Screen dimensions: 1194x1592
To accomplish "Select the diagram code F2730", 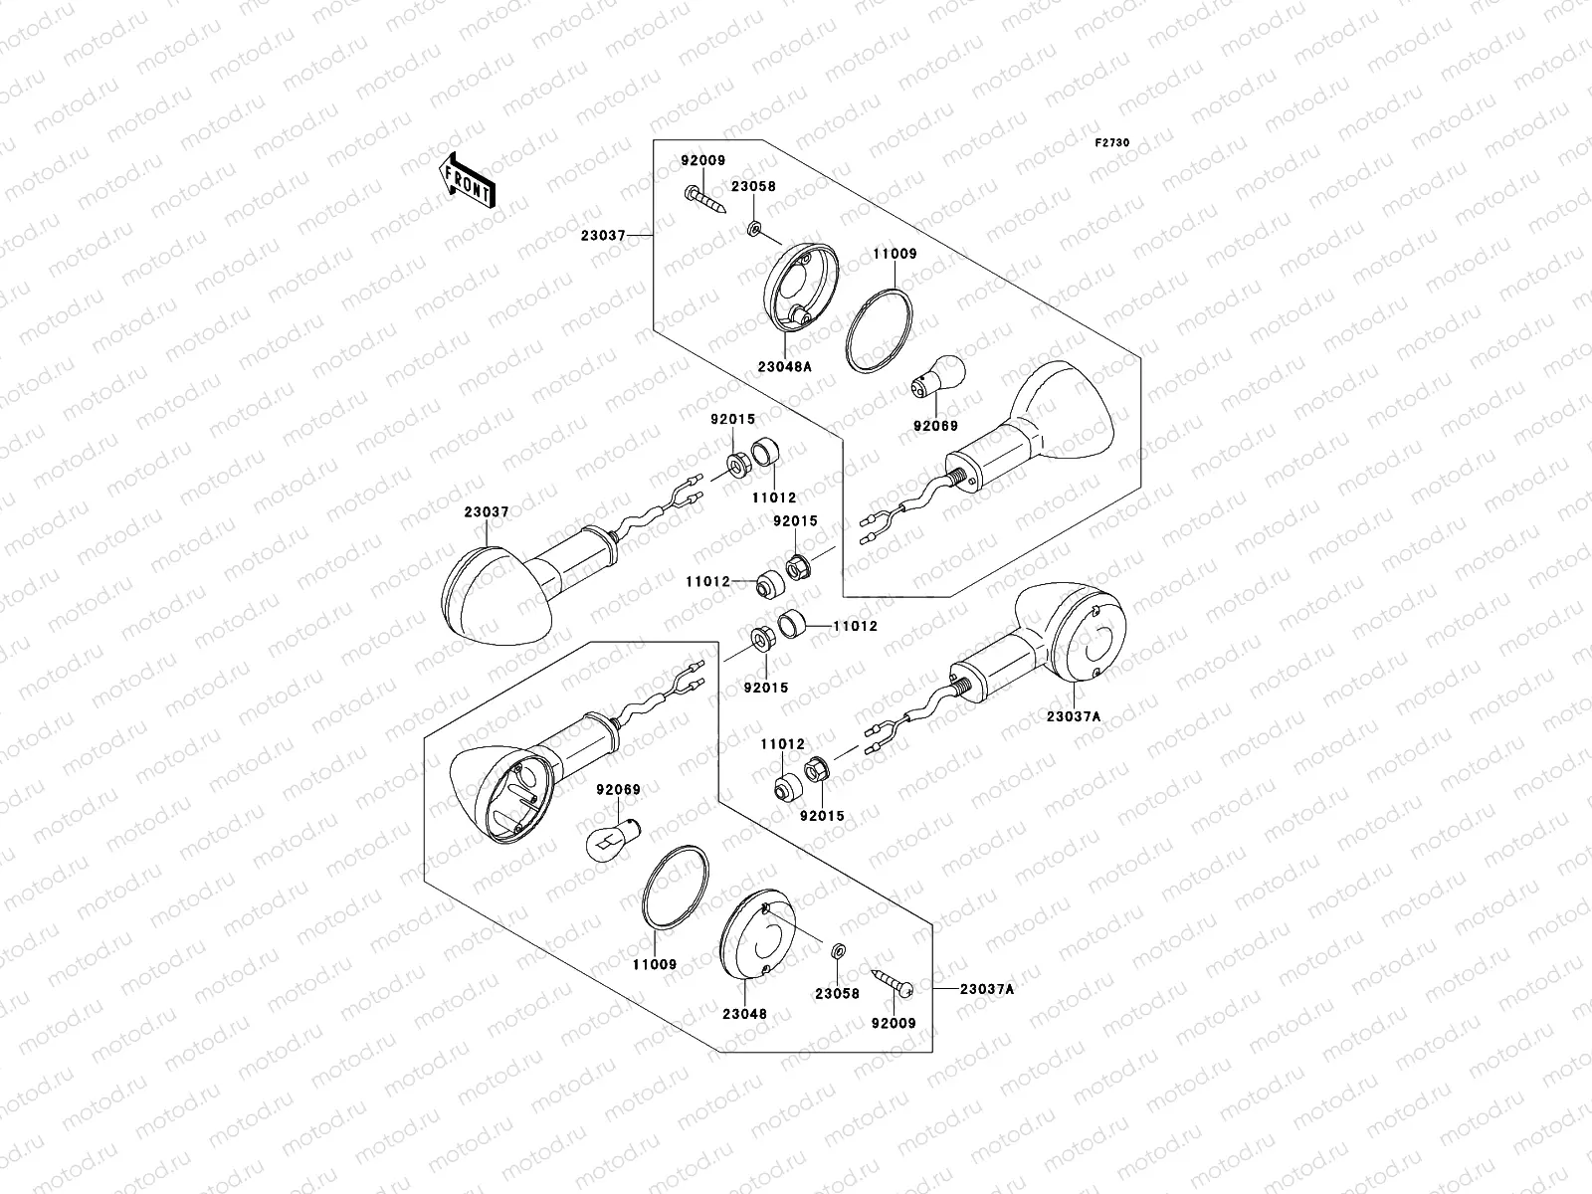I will pos(1112,143).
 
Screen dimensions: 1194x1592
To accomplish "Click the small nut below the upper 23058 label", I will pos(755,231).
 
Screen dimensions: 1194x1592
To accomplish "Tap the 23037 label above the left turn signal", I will pos(486,512).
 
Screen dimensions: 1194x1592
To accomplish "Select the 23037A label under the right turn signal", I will pos(1073,715).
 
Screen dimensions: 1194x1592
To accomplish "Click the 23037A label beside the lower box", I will pos(986,989).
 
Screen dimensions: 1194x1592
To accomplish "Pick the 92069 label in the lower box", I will pos(618,791).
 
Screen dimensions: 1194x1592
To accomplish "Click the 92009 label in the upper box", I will pos(703,161).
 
